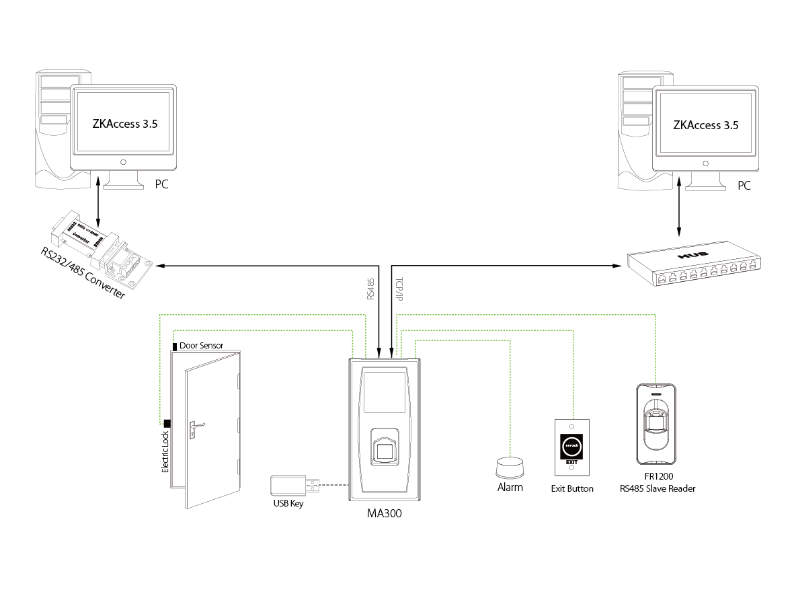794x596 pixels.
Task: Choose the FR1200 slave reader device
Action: click(x=656, y=424)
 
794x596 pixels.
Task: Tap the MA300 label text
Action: click(x=385, y=513)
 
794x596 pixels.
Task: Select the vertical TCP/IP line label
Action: click(x=399, y=291)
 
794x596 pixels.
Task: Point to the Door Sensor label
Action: click(x=202, y=346)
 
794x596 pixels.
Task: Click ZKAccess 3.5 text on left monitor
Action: click(x=124, y=124)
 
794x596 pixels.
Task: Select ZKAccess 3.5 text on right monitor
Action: click(x=706, y=125)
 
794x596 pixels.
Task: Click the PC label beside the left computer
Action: click(x=162, y=184)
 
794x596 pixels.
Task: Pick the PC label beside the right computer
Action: click(x=744, y=185)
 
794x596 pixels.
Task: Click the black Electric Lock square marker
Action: click(x=167, y=422)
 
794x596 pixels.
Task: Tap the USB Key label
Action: click(x=288, y=503)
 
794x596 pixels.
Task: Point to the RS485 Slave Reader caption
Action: click(x=658, y=488)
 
